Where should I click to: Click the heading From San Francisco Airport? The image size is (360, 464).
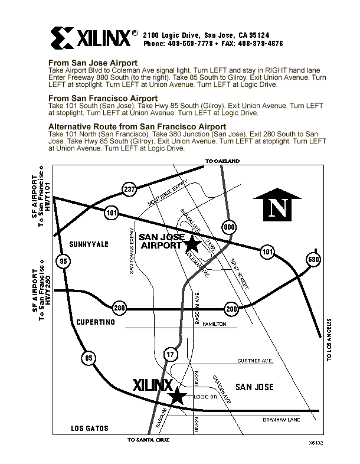pos(103,98)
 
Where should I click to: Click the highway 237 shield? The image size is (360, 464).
pos(130,189)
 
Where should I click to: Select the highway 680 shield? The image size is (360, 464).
pos(313,260)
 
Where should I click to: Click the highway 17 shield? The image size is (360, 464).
pos(170,354)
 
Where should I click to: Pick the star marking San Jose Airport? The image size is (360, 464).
pos(192,243)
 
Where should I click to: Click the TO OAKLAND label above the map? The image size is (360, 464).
pos(222,161)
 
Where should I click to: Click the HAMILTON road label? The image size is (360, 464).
pos(214,325)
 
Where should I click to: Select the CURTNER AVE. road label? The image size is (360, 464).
pos(254,360)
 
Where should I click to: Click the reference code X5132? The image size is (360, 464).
pos(316,442)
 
